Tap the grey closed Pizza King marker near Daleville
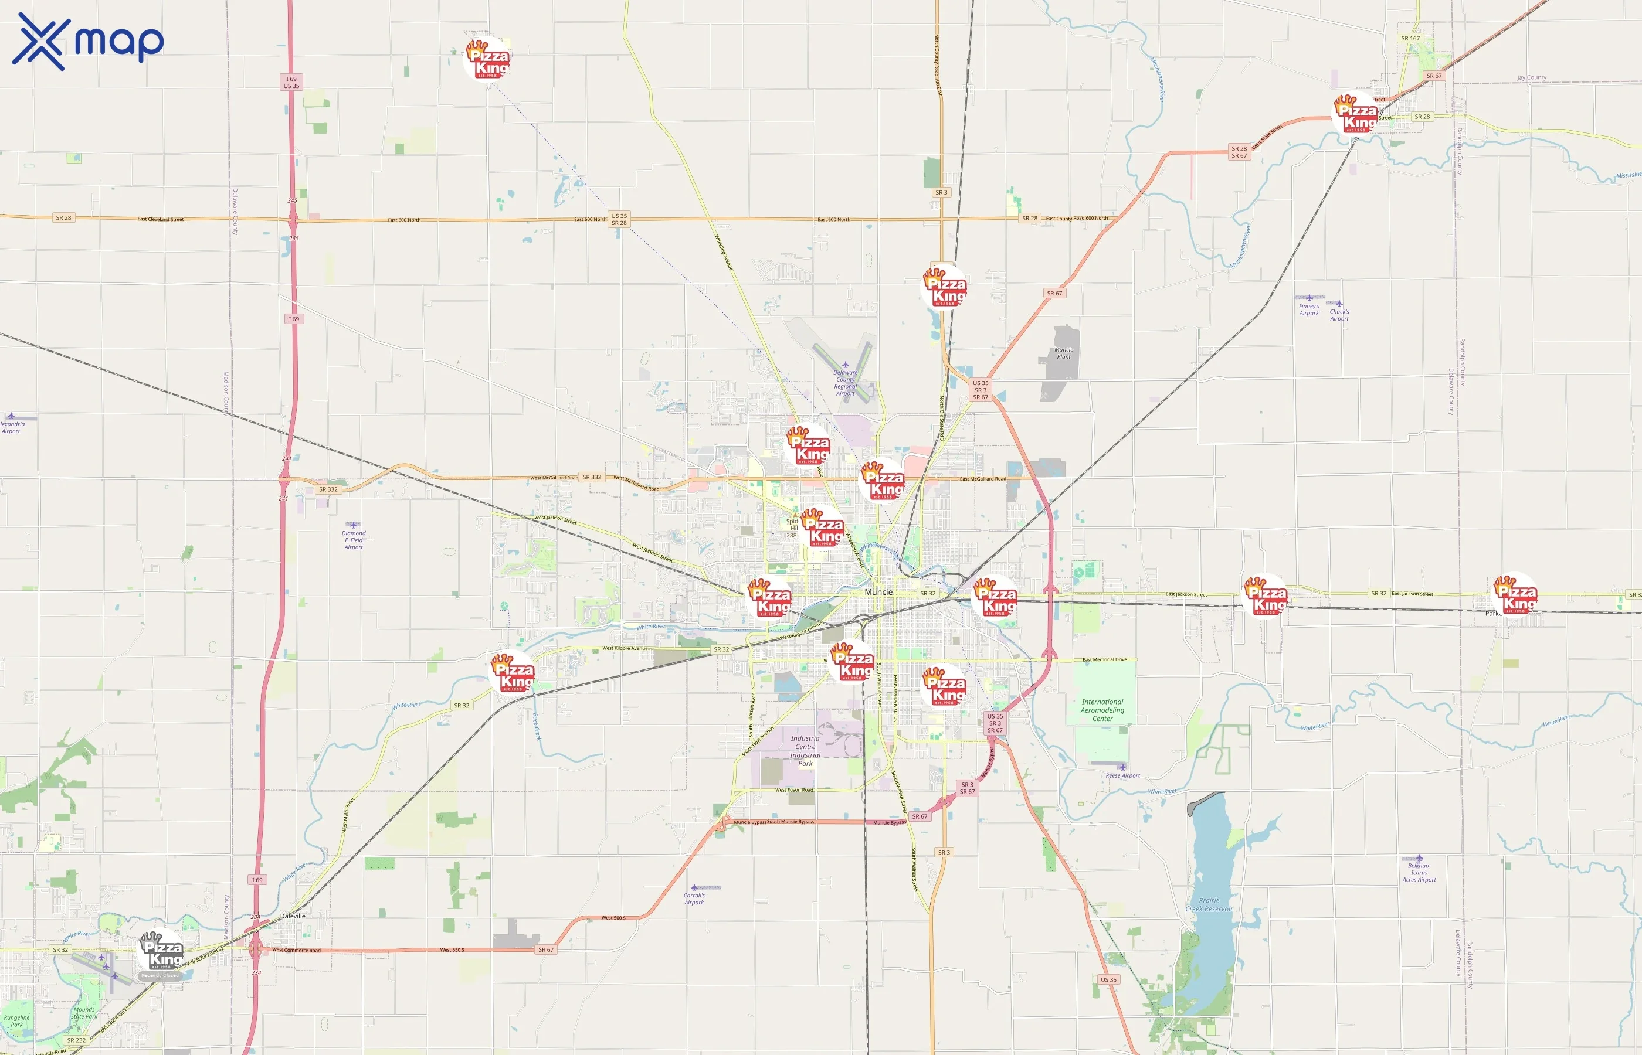point(162,952)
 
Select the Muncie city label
point(878,592)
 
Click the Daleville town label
point(293,916)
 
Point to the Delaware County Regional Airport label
point(845,383)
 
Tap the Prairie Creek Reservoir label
point(1209,904)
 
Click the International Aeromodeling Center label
point(1102,710)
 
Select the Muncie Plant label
point(1064,353)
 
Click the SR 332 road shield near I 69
point(328,489)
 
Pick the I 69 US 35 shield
point(291,82)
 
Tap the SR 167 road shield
point(1410,38)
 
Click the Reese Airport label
point(1122,775)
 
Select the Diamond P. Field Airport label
point(354,540)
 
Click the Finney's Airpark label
point(1309,309)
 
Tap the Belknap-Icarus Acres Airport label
point(1419,873)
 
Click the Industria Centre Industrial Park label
point(805,751)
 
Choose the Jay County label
point(1532,77)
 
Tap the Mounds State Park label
point(84,1013)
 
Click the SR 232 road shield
point(76,1040)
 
